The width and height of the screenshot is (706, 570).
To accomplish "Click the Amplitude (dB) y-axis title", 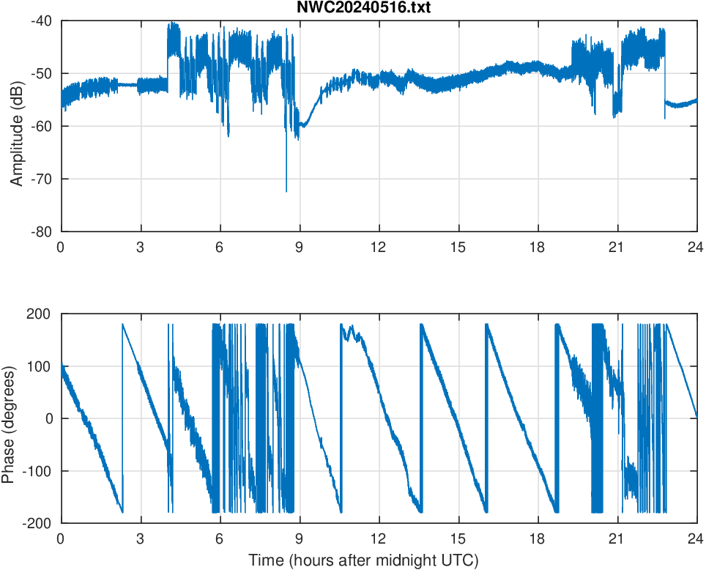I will [x=17, y=126].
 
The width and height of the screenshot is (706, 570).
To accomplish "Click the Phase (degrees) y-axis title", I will [x=9, y=418].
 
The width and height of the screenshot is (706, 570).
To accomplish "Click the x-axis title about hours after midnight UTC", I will [x=363, y=560].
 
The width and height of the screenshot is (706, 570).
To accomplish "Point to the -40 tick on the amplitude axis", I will [x=41, y=21].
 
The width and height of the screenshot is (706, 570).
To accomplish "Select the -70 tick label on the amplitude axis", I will [x=41, y=179].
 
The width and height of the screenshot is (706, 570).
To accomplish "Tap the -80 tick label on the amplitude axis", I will [x=41, y=232].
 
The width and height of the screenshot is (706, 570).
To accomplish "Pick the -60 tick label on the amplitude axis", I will [x=41, y=126].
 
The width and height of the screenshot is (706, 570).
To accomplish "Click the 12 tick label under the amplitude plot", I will [x=379, y=247].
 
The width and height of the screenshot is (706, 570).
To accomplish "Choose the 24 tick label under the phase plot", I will [x=696, y=538].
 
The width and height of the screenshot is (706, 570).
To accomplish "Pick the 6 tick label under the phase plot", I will [x=219, y=538].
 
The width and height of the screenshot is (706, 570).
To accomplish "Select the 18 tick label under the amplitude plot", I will [x=538, y=247].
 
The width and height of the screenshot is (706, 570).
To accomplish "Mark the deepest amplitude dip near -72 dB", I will [x=286, y=191].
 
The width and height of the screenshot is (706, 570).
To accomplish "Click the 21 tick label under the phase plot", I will [x=617, y=538].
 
